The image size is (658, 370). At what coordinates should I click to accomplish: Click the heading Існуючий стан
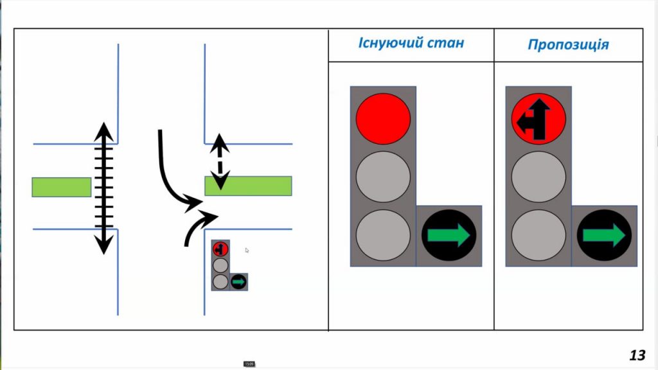pyautogui.click(x=411, y=43)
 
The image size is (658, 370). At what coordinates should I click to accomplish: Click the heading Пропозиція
pyautogui.click(x=568, y=45)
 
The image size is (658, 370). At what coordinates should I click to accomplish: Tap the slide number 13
pyautogui.click(x=637, y=355)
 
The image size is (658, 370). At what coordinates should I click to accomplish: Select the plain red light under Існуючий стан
pyautogui.click(x=383, y=118)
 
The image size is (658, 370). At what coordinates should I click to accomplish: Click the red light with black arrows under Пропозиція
pyautogui.click(x=538, y=119)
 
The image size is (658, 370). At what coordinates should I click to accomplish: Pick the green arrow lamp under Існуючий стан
pyautogui.click(x=449, y=236)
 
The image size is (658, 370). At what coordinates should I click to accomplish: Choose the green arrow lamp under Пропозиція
pyautogui.click(x=604, y=236)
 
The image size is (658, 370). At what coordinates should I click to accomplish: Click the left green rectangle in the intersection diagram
pyautogui.click(x=61, y=187)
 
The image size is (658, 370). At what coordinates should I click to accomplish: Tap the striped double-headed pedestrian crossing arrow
pyautogui.click(x=104, y=188)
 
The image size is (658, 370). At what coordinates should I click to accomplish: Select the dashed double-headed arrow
pyautogui.click(x=220, y=161)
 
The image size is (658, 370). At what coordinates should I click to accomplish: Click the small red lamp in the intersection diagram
pyautogui.click(x=220, y=248)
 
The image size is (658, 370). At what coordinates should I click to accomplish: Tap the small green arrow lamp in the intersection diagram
pyautogui.click(x=238, y=281)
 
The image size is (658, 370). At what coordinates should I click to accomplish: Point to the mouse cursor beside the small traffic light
pyautogui.click(x=247, y=250)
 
